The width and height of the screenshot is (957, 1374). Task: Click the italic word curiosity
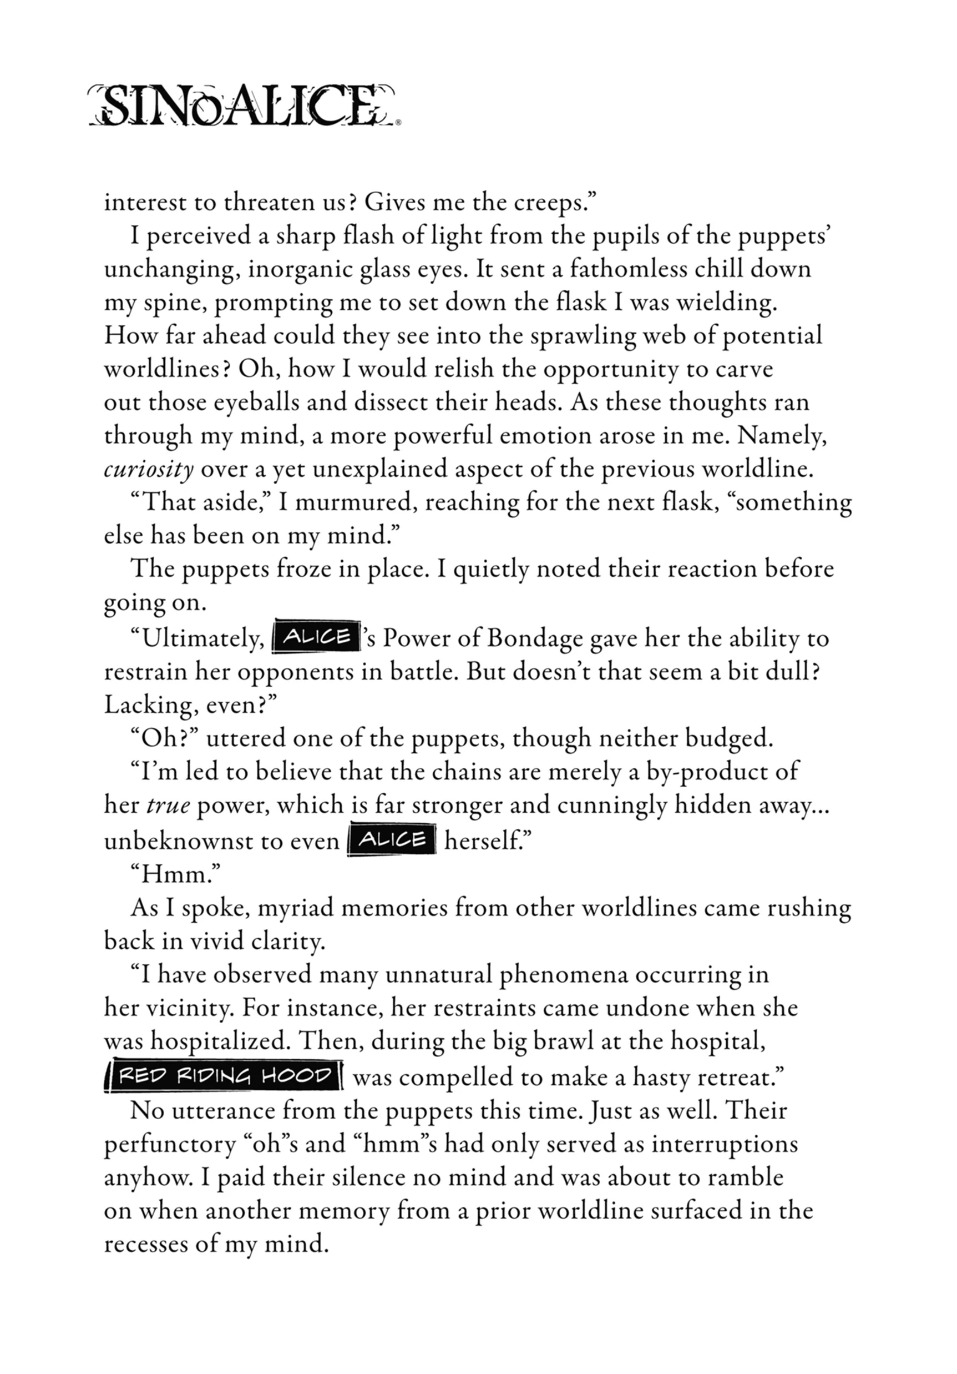coord(149,469)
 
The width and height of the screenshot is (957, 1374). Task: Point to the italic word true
coord(168,806)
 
